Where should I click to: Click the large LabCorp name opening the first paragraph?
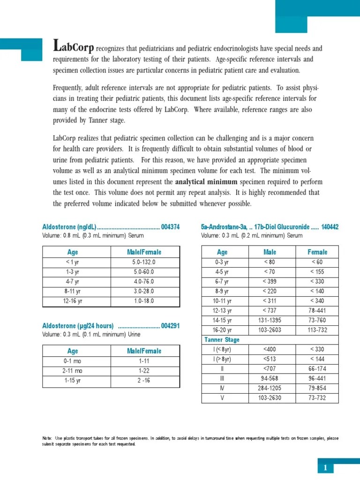pyautogui.click(x=74, y=47)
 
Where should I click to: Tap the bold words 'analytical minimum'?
pyautogui.click(x=206, y=181)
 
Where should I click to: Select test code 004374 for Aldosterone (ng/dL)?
pyautogui.click(x=170, y=227)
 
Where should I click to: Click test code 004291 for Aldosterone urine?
pyautogui.click(x=170, y=326)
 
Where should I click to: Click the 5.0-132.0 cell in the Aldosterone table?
pyautogui.click(x=144, y=262)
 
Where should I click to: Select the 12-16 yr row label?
pyautogui.click(x=73, y=300)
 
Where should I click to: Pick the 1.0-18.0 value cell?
pyautogui.click(x=144, y=300)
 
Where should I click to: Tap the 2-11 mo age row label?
pyautogui.click(x=73, y=370)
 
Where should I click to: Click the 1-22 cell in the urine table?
pyautogui.click(x=144, y=370)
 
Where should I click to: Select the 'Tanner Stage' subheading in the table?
pyautogui.click(x=222, y=339)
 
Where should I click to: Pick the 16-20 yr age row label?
pyautogui.click(x=222, y=330)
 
